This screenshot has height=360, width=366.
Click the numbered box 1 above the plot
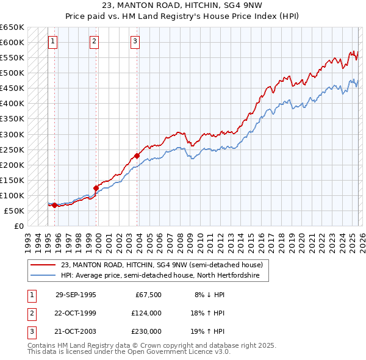click(53, 41)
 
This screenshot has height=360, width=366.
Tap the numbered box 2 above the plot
click(95, 41)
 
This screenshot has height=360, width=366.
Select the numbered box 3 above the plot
click(135, 41)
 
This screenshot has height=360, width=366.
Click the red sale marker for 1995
click(55, 205)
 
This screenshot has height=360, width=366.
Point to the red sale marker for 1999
click(96, 188)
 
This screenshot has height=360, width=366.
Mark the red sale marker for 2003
click(137, 156)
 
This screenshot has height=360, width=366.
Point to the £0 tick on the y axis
click(18, 226)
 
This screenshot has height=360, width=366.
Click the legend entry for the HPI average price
click(160, 276)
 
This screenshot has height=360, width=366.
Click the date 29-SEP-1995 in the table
click(76, 295)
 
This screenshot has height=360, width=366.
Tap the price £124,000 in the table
click(146, 313)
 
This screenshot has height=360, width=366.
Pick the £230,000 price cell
click(146, 331)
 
